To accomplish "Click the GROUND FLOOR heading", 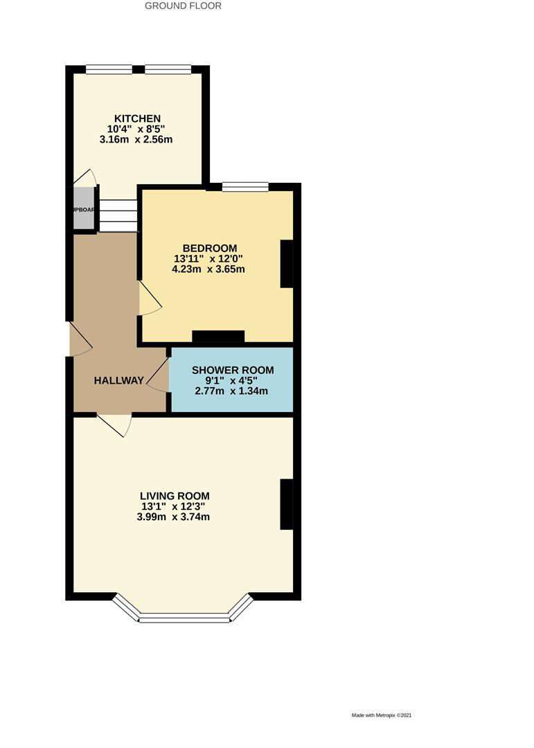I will [183, 6].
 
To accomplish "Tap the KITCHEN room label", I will [138, 118].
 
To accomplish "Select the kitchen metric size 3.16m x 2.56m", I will [136, 140].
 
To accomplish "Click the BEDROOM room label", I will [210, 248].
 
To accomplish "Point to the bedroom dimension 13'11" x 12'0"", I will [210, 258].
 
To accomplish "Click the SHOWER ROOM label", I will [233, 371].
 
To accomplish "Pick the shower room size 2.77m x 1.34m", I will [233, 391].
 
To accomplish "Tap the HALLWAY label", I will [119, 380].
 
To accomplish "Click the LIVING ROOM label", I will [175, 496].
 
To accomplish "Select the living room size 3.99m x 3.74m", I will [174, 517].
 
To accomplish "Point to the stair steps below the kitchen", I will [118, 215].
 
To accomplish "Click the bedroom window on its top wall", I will [245, 186].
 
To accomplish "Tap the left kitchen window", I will [109, 69].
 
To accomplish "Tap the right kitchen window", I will [168, 69].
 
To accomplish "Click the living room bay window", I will [184, 616].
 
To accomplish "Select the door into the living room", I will [114, 424].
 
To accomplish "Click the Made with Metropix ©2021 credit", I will [386, 715].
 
